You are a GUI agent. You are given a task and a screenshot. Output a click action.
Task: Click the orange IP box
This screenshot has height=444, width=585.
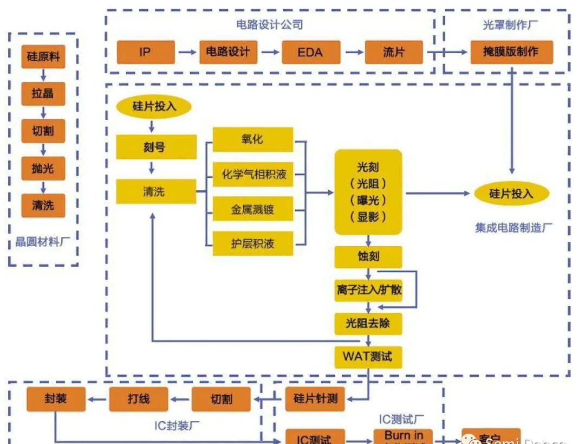[146, 53]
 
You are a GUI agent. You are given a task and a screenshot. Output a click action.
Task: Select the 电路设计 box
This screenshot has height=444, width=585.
[228, 53]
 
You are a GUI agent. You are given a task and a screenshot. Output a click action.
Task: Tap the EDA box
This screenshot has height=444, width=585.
[310, 53]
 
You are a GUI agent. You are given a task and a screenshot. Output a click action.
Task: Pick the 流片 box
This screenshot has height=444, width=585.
[394, 53]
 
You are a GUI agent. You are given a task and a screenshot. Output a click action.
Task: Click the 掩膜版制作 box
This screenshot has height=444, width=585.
[511, 53]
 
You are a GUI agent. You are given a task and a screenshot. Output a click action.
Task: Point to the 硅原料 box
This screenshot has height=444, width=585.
[43, 57]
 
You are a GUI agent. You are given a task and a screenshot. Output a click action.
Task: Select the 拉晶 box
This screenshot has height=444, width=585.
[43, 94]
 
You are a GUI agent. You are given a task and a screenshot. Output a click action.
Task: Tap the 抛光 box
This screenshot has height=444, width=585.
[43, 169]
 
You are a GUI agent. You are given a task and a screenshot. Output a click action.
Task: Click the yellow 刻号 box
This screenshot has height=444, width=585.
[156, 146]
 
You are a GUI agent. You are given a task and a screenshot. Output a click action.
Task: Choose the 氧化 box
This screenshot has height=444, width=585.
[252, 140]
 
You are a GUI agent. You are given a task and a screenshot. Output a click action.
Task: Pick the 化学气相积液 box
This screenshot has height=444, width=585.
[252, 175]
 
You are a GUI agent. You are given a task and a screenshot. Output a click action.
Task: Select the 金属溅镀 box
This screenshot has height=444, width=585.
[252, 209]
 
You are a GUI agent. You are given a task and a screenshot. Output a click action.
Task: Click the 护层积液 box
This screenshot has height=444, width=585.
[252, 244]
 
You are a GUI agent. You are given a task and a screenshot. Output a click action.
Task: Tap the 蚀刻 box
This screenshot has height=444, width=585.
[368, 256]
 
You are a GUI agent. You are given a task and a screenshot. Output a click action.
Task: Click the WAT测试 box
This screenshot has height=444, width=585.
[368, 357]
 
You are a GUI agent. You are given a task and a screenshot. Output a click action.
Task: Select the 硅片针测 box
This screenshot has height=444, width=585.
[315, 399]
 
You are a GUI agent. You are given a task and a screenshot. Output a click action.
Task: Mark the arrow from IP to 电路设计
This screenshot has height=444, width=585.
[187, 53]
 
